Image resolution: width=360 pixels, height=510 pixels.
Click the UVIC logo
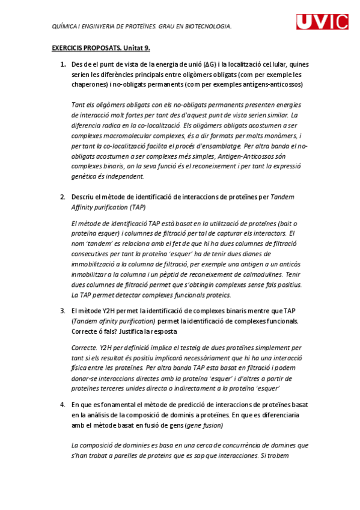pyautogui.click(x=322, y=22)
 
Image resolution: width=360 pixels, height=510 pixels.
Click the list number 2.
pyautogui.click(x=63, y=197)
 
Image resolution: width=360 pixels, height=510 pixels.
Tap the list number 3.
pyautogui.click(x=63, y=310)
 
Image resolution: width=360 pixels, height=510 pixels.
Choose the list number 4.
pyautogui.click(x=63, y=405)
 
